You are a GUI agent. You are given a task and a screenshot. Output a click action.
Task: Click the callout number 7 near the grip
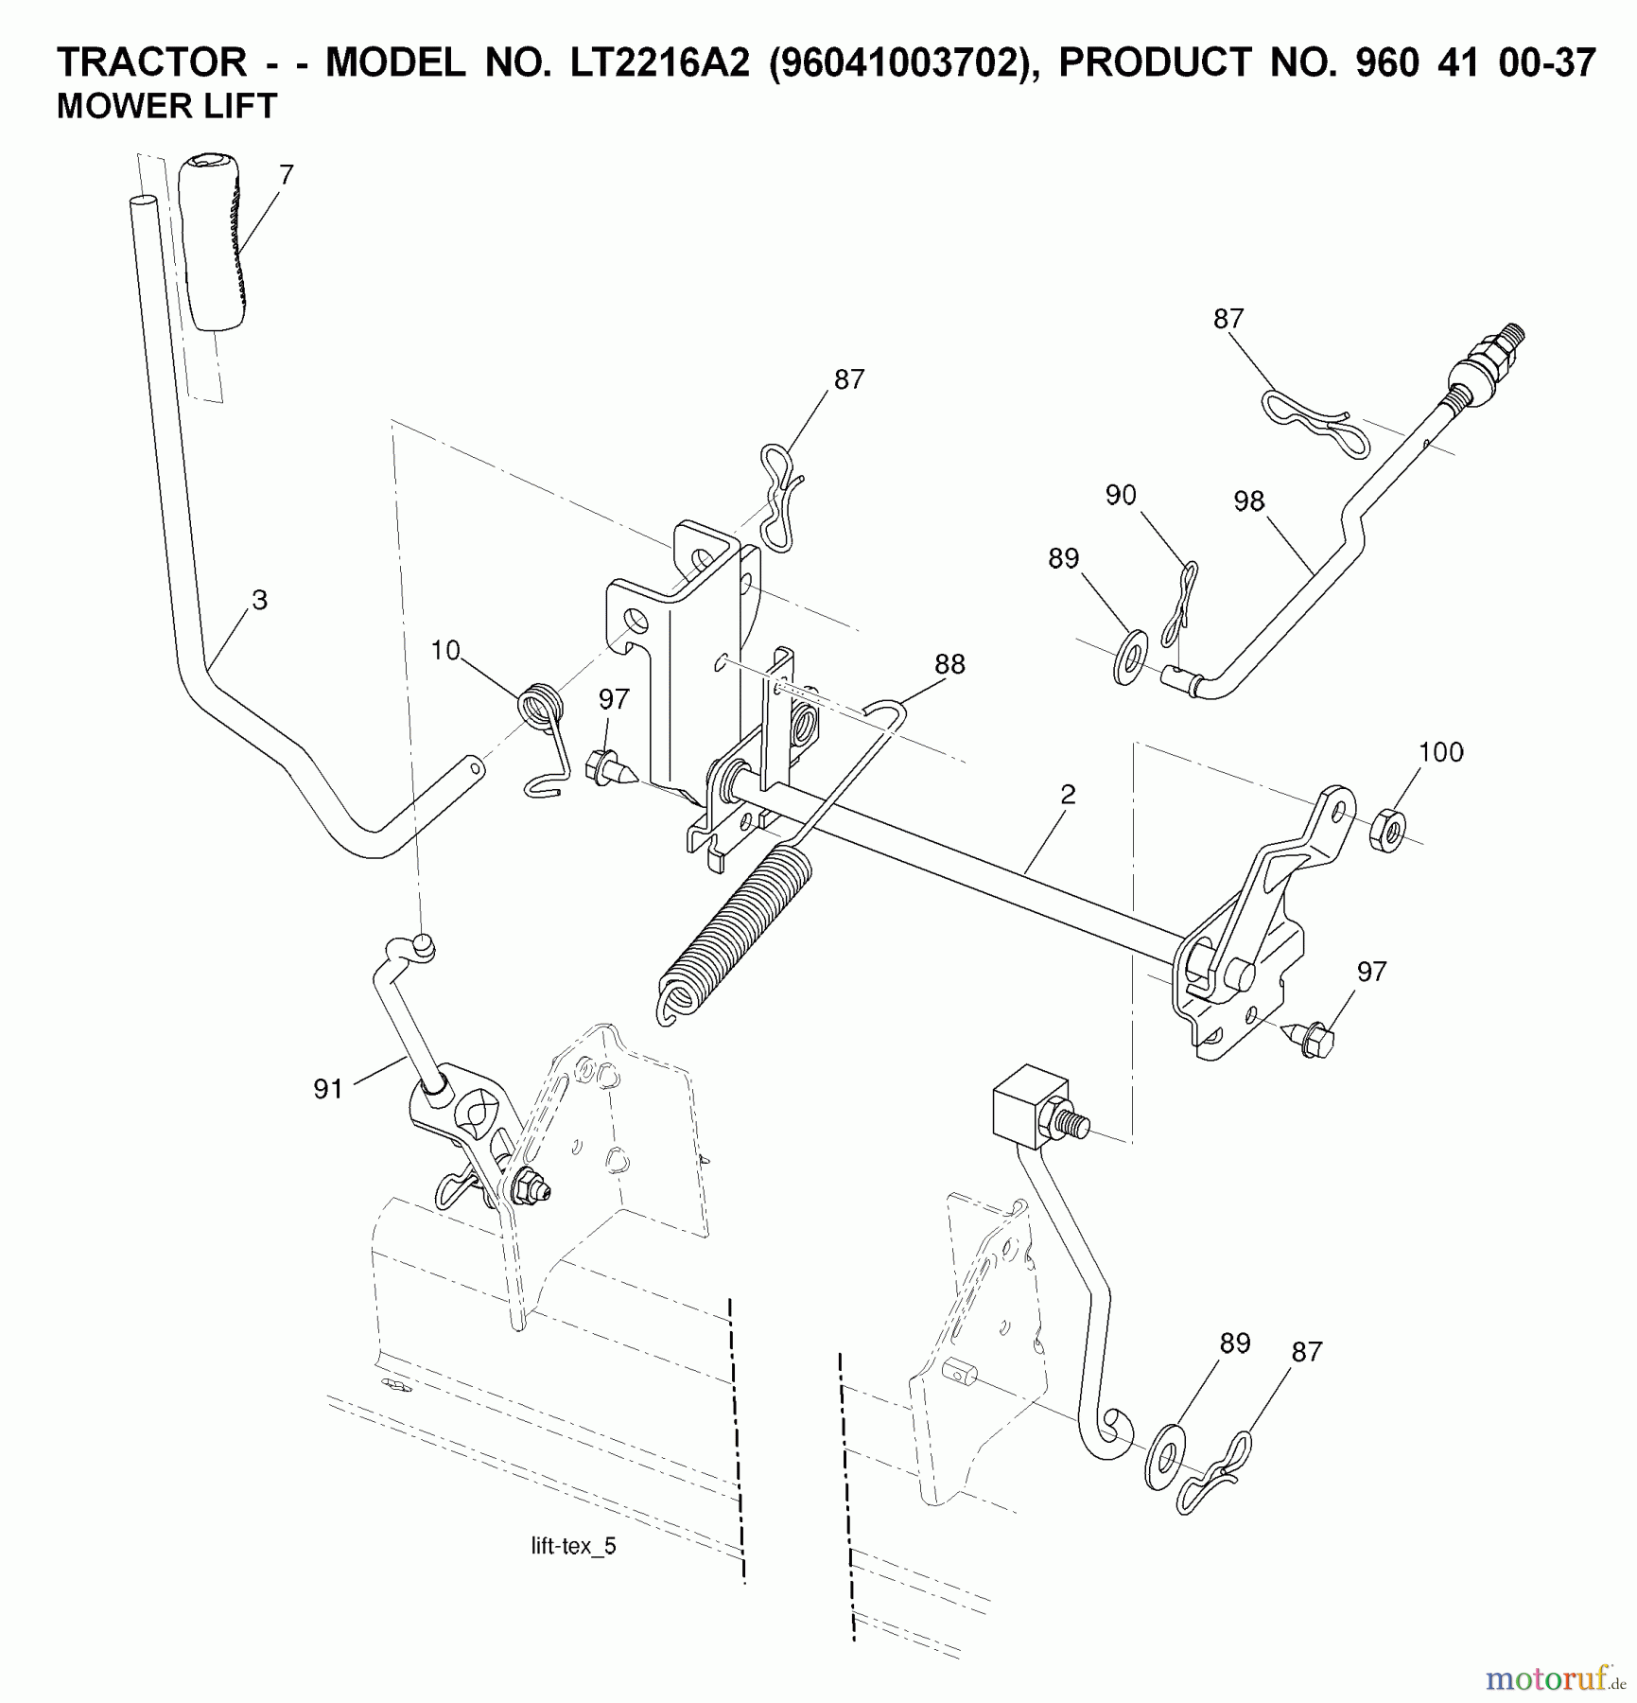click(x=287, y=175)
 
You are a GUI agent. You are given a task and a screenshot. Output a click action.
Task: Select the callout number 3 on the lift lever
click(x=259, y=600)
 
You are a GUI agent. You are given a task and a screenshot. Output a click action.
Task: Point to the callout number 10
click(x=444, y=651)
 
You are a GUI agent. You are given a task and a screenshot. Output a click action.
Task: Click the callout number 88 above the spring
click(x=949, y=664)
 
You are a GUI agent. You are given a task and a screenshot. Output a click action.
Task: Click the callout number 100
click(x=1440, y=752)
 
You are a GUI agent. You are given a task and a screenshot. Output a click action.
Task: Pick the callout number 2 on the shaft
click(x=1068, y=795)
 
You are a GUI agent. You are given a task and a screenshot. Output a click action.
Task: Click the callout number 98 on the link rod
click(x=1248, y=501)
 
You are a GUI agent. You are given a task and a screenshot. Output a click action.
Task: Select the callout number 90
click(x=1121, y=495)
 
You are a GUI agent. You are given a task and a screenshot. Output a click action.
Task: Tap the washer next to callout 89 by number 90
click(x=1130, y=656)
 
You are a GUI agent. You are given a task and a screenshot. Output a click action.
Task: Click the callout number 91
click(x=328, y=1090)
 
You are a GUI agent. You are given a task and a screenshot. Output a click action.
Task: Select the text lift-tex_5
click(x=573, y=1546)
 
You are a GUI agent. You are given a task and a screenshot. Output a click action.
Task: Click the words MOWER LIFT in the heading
click(x=167, y=106)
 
